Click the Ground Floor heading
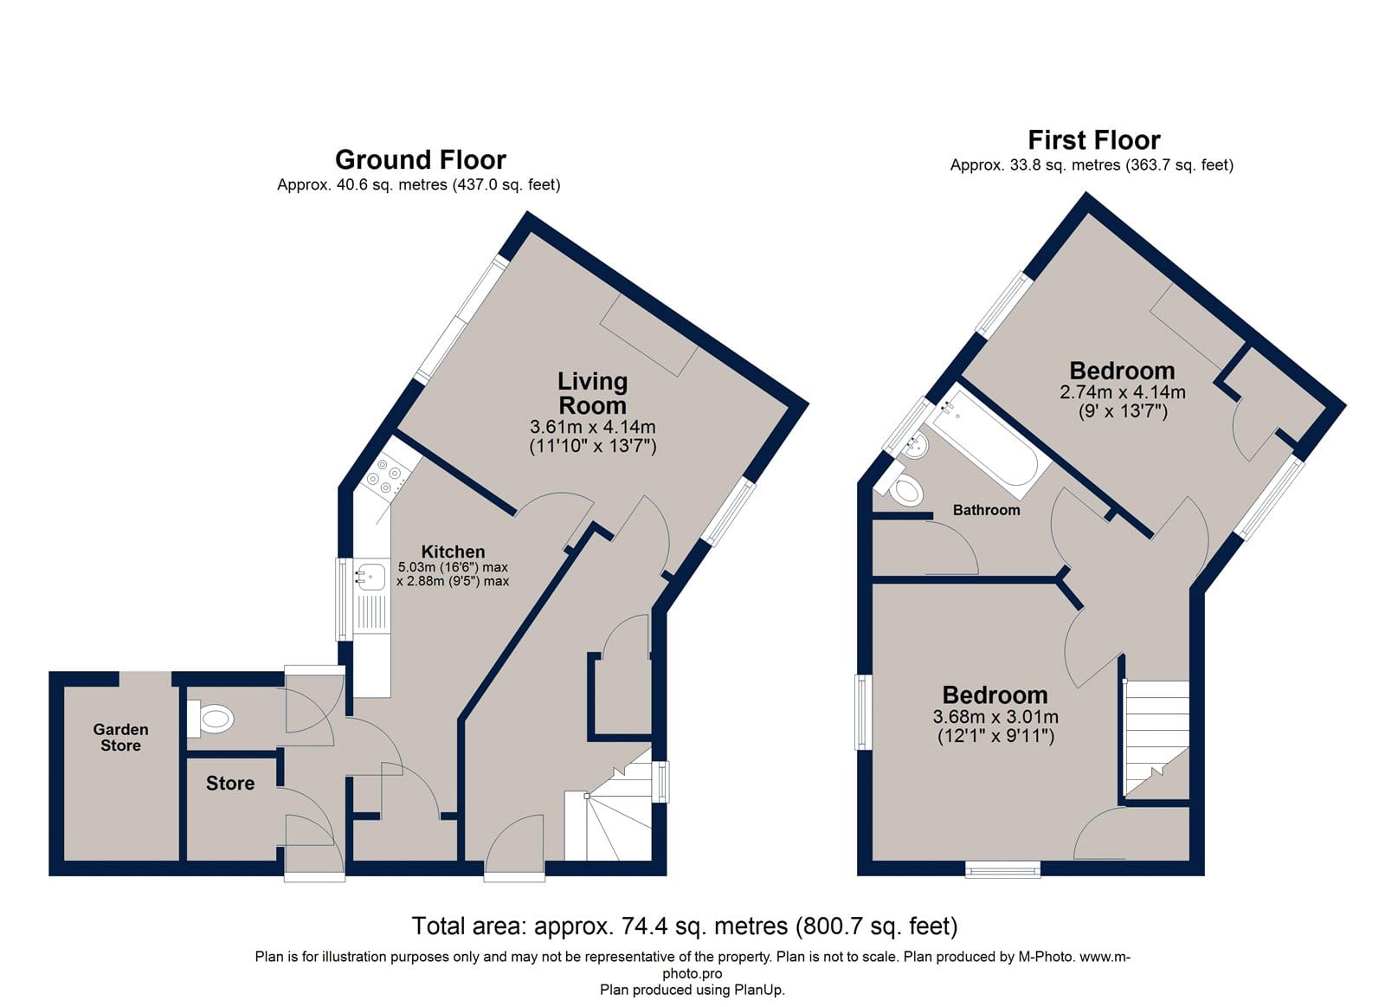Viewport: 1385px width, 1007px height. (421, 159)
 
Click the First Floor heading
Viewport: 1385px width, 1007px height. (1094, 139)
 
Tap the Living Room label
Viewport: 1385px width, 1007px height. (592, 393)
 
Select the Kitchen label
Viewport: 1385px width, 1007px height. (454, 552)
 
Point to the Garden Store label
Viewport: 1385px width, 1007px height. (120, 738)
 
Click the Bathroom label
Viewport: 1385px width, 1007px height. (986, 510)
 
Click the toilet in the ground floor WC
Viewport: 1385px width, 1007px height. (210, 719)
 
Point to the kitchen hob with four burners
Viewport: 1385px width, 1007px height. (386, 474)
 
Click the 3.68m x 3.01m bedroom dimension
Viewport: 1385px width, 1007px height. (995, 718)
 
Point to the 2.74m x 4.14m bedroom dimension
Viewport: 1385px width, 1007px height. (1123, 392)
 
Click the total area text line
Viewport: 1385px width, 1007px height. (685, 926)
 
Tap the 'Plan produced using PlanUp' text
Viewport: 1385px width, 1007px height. (692, 990)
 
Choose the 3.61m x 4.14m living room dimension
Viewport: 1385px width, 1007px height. (592, 427)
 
